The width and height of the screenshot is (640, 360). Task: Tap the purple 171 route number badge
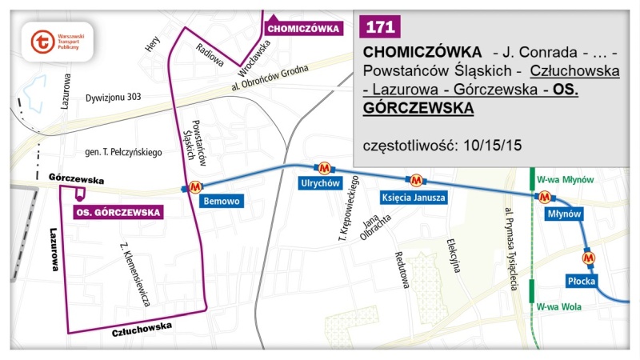[x=379, y=26]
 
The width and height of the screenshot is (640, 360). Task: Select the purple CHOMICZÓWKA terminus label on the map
[x=303, y=28]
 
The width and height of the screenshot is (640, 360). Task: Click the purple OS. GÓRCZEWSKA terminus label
[x=118, y=212]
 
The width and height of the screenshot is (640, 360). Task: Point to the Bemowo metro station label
[x=221, y=201]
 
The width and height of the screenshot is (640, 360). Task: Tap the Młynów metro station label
[x=562, y=214]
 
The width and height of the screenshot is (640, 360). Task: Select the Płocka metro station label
[x=582, y=282]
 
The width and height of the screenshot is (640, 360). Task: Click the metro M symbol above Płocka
[x=589, y=258]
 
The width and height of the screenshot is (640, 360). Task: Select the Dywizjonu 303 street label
[x=113, y=97]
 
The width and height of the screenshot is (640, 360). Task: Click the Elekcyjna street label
[x=454, y=256]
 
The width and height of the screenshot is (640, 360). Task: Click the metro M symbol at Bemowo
[x=194, y=188]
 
